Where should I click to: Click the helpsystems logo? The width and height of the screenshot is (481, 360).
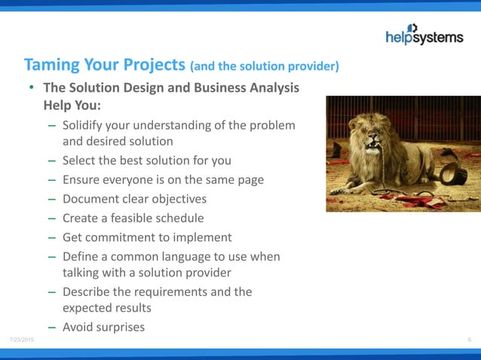click(424, 35)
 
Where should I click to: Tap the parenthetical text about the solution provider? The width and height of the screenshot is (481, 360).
click(265, 66)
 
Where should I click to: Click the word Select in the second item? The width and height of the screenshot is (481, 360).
click(80, 160)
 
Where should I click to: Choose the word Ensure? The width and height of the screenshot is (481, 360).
click(83, 180)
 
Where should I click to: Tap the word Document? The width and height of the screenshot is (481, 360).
click(92, 200)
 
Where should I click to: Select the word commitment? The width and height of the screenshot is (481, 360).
click(121, 238)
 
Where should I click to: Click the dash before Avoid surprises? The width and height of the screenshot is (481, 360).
click(51, 327)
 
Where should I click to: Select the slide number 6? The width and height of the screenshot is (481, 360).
click(469, 341)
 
